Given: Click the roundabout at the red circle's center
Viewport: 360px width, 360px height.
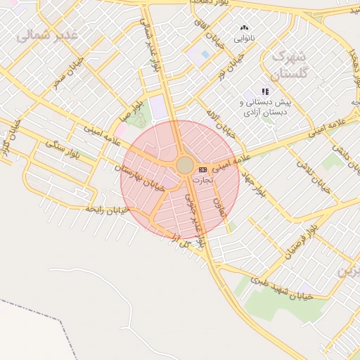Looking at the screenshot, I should point(184,165).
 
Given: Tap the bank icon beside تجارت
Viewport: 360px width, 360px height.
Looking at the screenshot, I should point(202,169).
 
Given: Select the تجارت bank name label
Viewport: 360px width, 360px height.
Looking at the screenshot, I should point(202,180).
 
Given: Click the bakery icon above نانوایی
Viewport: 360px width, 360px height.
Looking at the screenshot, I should point(245,27).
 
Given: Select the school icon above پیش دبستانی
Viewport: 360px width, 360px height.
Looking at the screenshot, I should point(265,92).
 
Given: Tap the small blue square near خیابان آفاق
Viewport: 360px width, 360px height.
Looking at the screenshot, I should point(205,54).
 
